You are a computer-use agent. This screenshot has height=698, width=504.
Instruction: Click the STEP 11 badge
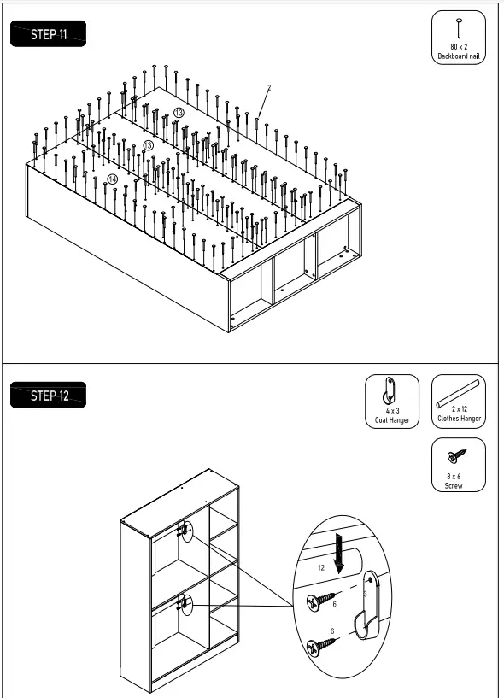[48, 35]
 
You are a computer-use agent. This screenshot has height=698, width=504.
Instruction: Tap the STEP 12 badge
[48, 396]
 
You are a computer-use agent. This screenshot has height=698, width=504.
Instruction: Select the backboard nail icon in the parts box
[459, 27]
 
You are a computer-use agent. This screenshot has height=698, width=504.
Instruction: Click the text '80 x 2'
[459, 47]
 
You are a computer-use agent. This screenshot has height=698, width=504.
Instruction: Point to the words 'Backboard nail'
[459, 56]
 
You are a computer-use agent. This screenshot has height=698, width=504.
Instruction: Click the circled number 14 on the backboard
[113, 179]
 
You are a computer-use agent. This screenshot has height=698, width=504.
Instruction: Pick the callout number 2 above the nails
[268, 88]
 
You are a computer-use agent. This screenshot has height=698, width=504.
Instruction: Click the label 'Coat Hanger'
[392, 420]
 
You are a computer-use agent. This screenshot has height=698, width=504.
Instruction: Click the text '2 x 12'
[459, 411]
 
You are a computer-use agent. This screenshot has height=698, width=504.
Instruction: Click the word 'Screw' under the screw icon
[454, 485]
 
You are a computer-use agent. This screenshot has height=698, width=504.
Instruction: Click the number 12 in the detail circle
[321, 566]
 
